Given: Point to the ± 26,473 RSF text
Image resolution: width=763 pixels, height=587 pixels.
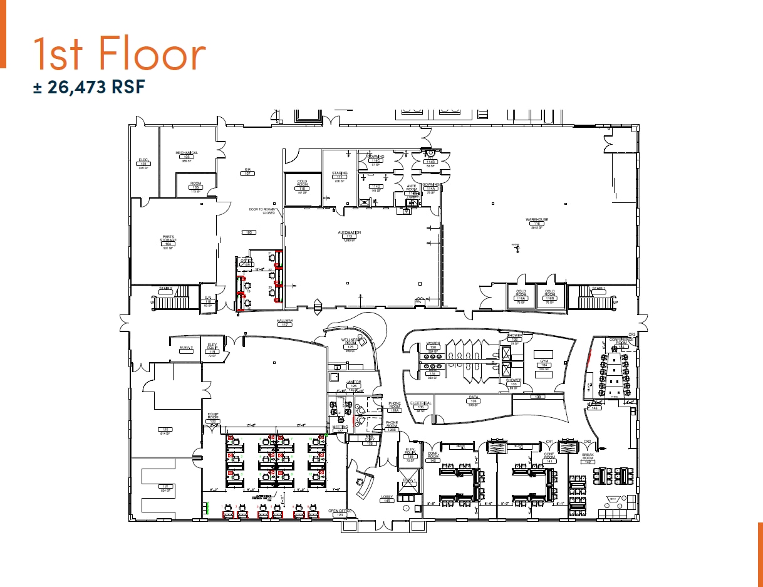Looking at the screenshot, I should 89,86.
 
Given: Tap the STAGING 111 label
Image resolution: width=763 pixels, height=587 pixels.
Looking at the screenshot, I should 340,176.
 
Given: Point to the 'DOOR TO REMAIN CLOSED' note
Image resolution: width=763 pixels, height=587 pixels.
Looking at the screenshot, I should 261,211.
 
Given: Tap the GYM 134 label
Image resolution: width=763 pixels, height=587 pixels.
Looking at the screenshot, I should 544,364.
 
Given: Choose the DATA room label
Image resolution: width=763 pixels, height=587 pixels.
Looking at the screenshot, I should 474,400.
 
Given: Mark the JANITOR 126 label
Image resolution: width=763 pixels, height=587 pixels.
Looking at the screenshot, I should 355,384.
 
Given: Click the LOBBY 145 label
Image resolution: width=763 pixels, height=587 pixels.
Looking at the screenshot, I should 387,499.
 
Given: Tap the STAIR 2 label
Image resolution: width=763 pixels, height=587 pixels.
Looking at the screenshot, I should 165,289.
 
